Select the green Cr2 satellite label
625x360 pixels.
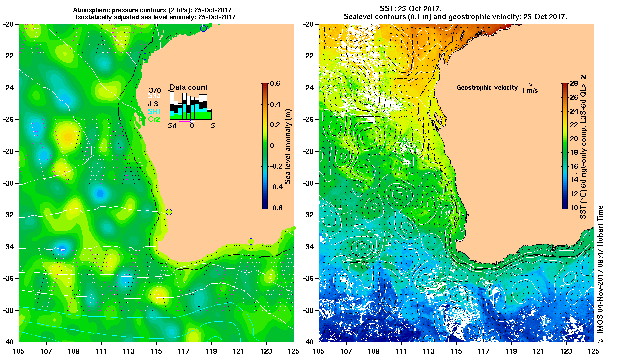tap(153, 119)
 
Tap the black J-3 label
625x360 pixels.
tap(153, 104)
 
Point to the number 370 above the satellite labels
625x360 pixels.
tap(154, 90)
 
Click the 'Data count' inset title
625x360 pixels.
tap(189, 87)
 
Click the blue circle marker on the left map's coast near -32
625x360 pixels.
tap(169, 212)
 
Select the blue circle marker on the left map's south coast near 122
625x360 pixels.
tap(251, 242)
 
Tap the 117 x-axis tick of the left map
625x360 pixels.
tap(183, 349)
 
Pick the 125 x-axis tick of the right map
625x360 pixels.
tap(594, 349)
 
